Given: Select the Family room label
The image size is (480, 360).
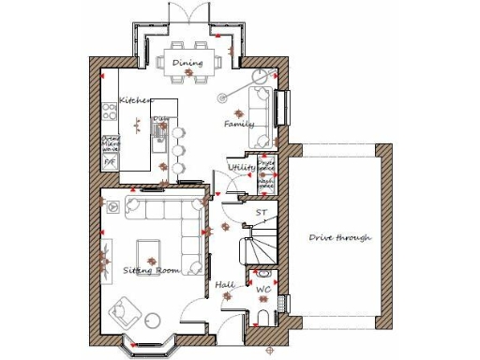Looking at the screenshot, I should click(239, 124).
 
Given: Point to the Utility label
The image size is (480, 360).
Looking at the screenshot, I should click(242, 167).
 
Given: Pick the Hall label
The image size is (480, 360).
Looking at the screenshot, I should click(225, 283).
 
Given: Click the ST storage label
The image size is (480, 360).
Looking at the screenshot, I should click(261, 213).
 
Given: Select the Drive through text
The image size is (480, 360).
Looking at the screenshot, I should click(339, 237).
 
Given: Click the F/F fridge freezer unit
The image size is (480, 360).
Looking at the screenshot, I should click(109, 162).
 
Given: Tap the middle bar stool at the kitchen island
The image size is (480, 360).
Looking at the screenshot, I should click(177, 151).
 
